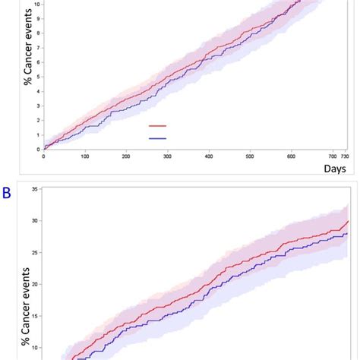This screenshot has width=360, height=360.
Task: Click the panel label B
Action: [x=6, y=194]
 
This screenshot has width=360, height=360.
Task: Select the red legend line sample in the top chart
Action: [x=157, y=127]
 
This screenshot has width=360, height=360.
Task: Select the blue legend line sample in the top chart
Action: [x=157, y=138]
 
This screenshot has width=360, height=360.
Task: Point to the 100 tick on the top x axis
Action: [x=85, y=156]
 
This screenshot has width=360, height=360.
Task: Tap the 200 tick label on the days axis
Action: [x=126, y=156]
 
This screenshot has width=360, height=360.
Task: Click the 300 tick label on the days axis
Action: [x=167, y=156]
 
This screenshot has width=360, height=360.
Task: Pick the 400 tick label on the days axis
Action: [x=209, y=156]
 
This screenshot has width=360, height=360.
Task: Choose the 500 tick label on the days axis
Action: [x=250, y=156]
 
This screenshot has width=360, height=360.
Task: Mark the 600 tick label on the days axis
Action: [x=292, y=156]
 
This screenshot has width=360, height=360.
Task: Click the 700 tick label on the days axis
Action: [x=333, y=156]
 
